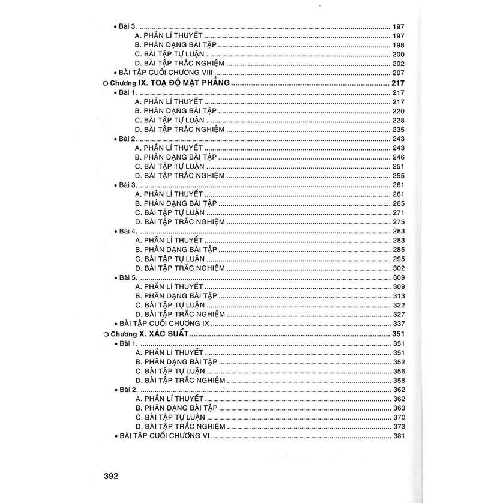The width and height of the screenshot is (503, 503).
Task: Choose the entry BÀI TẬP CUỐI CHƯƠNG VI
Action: (157, 435)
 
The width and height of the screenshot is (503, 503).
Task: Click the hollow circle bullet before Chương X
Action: (106, 334)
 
